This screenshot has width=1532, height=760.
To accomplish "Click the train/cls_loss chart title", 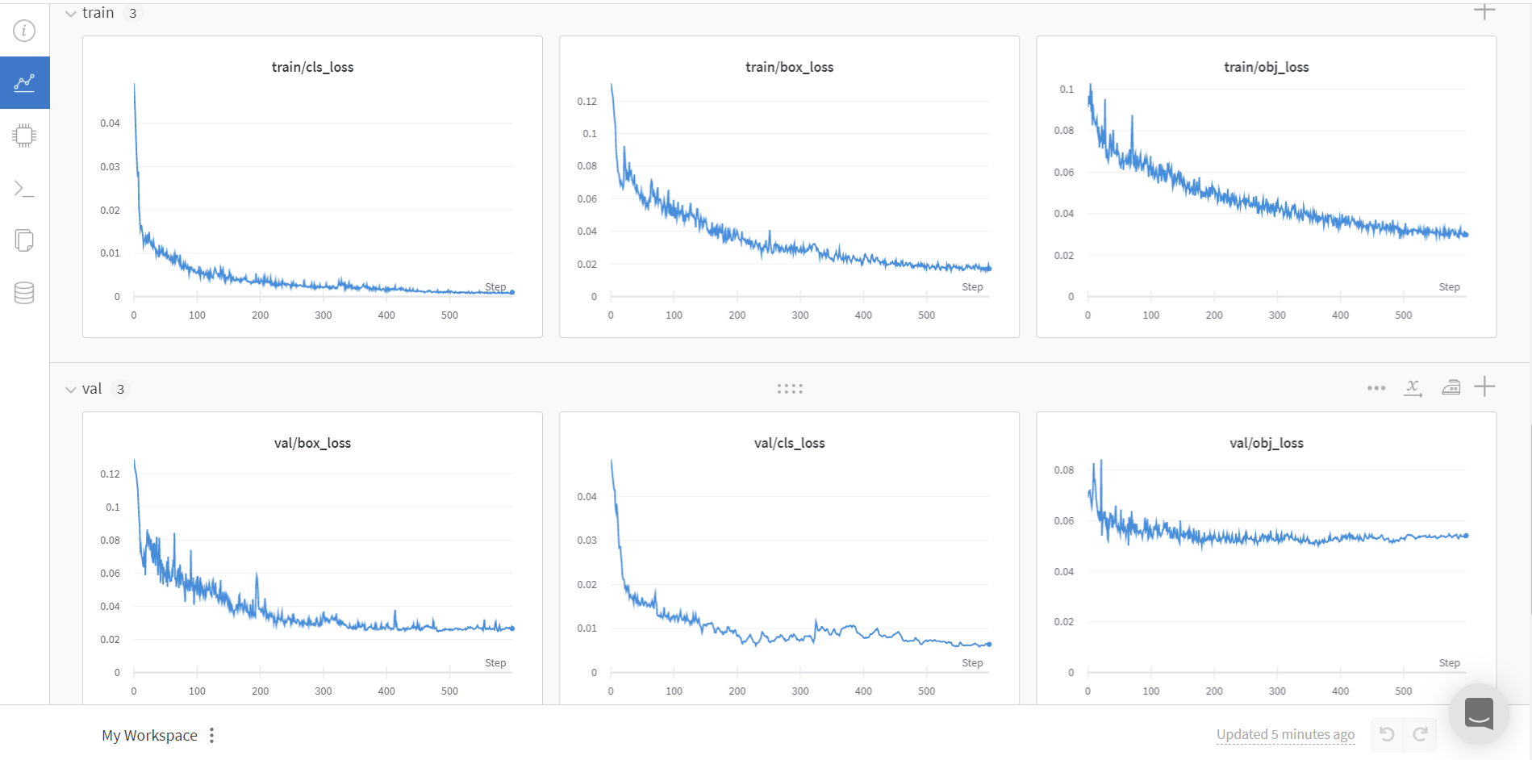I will tap(312, 67).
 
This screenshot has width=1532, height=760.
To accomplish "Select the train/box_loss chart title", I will tap(789, 67).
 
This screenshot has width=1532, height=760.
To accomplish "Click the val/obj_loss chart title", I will tap(1266, 443).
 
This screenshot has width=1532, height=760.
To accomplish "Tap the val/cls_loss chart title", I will tap(789, 443).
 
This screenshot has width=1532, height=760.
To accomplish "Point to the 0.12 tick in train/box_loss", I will tap(587, 101).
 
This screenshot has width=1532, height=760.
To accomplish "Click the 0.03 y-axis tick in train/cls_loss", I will tap(110, 166).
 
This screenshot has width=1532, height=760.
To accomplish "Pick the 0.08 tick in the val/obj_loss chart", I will tap(1063, 470).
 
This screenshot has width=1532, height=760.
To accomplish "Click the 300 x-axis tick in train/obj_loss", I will tap(1276, 315).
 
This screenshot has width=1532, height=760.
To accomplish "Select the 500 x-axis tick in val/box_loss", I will tap(449, 691).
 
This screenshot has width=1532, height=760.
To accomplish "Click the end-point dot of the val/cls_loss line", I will tap(989, 644).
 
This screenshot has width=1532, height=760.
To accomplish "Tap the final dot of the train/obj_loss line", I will tap(1466, 235).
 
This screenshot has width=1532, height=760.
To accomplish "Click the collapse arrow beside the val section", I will tap(71, 390).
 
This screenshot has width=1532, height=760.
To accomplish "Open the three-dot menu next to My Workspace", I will tap(211, 735).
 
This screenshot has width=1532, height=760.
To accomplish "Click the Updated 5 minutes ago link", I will tap(1285, 734).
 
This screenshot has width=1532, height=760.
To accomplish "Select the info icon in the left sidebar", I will tap(24, 31).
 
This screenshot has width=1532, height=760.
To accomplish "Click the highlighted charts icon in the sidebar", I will tap(24, 82).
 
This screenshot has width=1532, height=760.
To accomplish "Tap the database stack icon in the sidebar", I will tap(24, 293).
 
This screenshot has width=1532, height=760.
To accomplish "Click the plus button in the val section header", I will tap(1484, 387).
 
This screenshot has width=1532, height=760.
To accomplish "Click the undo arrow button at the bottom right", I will tap(1387, 734).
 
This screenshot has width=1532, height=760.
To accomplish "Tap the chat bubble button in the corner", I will tap(1479, 713).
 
